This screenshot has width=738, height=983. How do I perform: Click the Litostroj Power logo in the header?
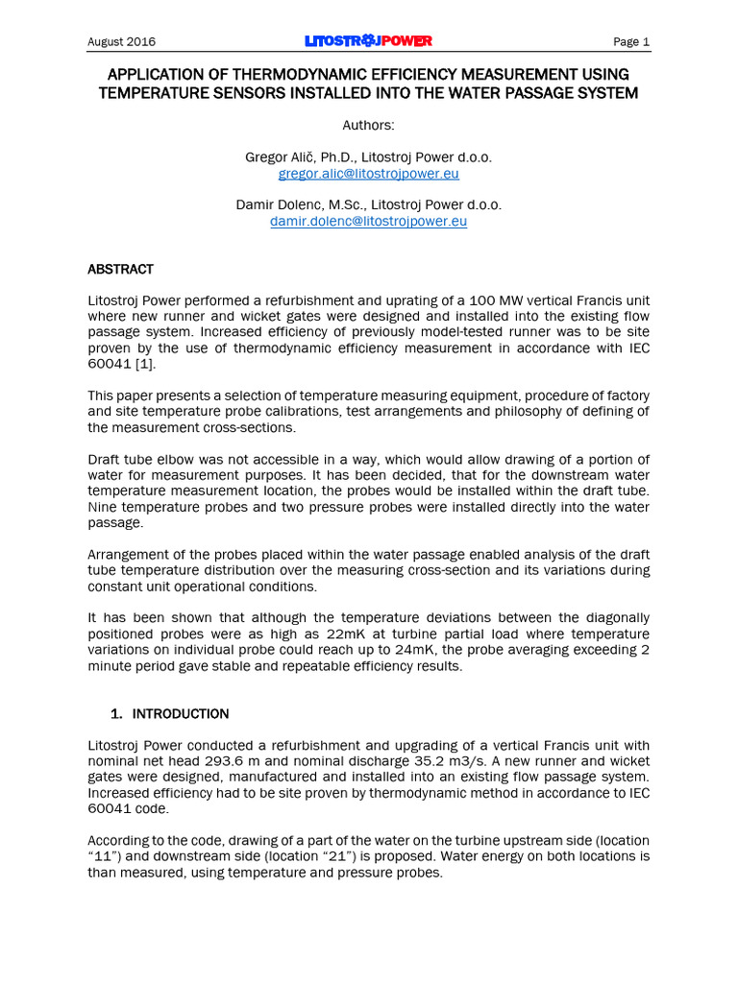pos(368,41)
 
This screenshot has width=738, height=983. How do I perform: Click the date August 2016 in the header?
pos(121,42)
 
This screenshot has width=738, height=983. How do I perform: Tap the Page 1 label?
pos(631,42)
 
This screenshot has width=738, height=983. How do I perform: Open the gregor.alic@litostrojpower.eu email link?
pos(368,174)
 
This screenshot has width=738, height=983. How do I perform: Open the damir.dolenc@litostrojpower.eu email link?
pos(368,221)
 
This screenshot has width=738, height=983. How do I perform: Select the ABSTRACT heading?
pos(120,269)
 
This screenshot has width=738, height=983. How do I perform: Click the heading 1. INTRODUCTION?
pos(170,713)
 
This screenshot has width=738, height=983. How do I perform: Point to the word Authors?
pos(368,126)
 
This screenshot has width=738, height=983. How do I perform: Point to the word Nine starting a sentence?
pos(104,507)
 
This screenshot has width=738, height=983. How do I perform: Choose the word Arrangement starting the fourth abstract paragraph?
pos(130,555)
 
